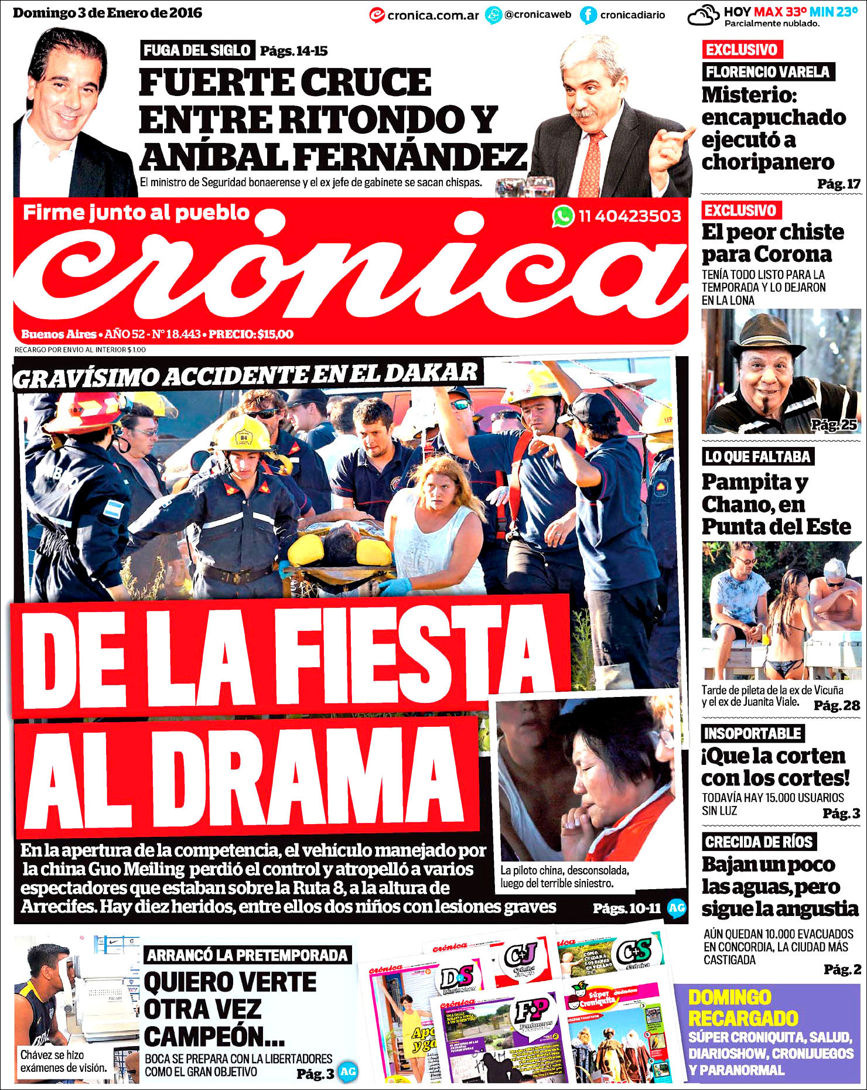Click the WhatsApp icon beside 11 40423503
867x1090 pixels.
[x=562, y=216]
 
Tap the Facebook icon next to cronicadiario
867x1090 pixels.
[x=588, y=15]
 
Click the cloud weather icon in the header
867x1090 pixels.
[x=703, y=15]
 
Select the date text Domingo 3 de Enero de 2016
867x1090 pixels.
[x=107, y=13]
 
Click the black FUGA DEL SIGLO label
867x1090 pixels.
[x=197, y=50]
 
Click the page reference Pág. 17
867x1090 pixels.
[x=838, y=184]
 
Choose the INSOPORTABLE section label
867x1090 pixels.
[x=752, y=733]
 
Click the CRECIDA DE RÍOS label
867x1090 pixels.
[x=759, y=842]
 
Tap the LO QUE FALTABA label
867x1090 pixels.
[x=757, y=457]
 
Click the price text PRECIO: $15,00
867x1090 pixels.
[x=251, y=334]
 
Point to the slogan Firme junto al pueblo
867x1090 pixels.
[x=136, y=212]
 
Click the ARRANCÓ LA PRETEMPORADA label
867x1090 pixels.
[x=247, y=955]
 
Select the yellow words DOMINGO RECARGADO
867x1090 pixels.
[x=742, y=1007]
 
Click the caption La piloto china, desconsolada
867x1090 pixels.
[x=564, y=870]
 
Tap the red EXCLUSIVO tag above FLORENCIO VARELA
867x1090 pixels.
[x=742, y=50]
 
